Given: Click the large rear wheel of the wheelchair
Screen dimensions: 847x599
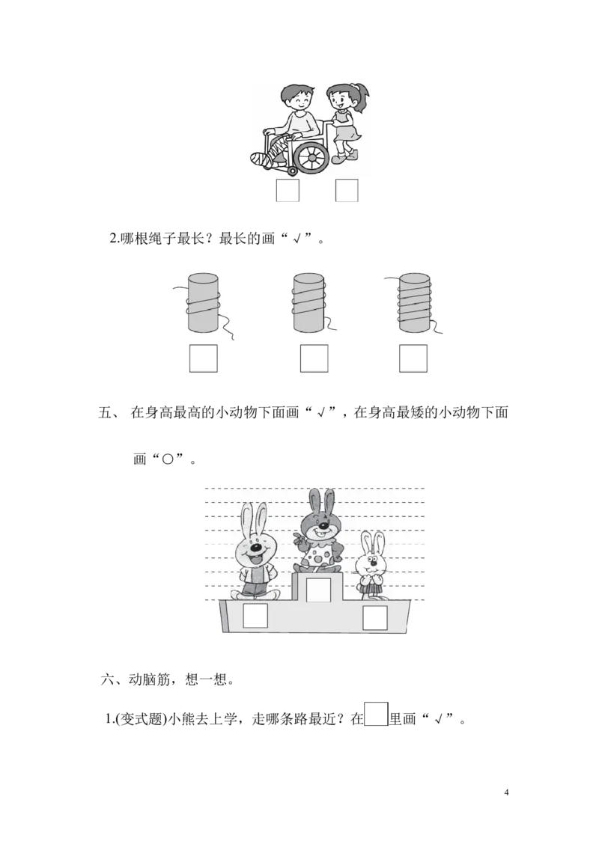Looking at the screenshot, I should click(x=311, y=155).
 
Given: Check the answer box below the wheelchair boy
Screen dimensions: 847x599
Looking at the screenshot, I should click(x=287, y=191).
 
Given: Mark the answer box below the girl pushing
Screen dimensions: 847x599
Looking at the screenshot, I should click(x=347, y=191).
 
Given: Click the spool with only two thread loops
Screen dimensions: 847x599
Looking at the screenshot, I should click(x=202, y=302).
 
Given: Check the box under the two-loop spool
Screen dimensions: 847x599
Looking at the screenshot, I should click(x=203, y=358).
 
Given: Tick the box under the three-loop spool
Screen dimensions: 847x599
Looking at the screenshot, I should click(x=314, y=358).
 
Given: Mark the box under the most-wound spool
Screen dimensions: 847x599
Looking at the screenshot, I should click(x=413, y=358).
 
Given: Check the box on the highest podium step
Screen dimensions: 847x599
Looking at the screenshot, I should click(x=318, y=590).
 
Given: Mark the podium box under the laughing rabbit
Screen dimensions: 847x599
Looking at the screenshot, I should click(x=255, y=617).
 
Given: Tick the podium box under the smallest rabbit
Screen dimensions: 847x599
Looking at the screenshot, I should click(x=374, y=618).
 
